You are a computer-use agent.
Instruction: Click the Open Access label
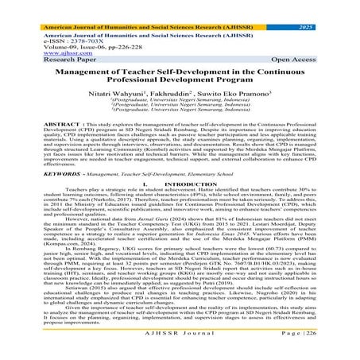(x=330, y=48)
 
